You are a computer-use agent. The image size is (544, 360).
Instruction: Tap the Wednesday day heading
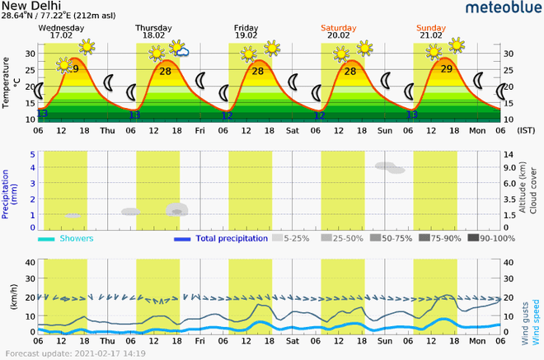pyautogui.click(x=61, y=26)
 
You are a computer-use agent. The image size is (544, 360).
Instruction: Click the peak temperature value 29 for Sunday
pyautogui.click(x=446, y=69)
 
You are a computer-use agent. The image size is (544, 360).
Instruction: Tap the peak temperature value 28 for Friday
pyautogui.click(x=258, y=72)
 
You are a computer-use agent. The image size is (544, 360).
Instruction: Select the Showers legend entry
pyautogui.click(x=75, y=239)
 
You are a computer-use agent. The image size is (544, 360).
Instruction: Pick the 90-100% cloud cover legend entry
pyautogui.click(x=491, y=239)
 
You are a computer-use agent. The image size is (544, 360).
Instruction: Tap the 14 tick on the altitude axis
pyautogui.click(x=509, y=154)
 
